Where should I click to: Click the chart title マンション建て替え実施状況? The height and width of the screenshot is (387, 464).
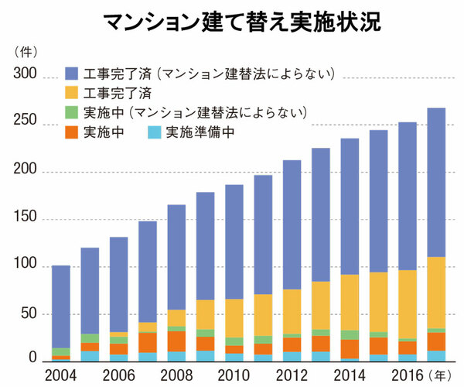(x=232, y=22)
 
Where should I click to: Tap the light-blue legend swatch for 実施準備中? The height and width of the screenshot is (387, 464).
(x=154, y=132)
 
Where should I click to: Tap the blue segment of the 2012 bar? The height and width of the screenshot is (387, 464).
(x=292, y=224)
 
